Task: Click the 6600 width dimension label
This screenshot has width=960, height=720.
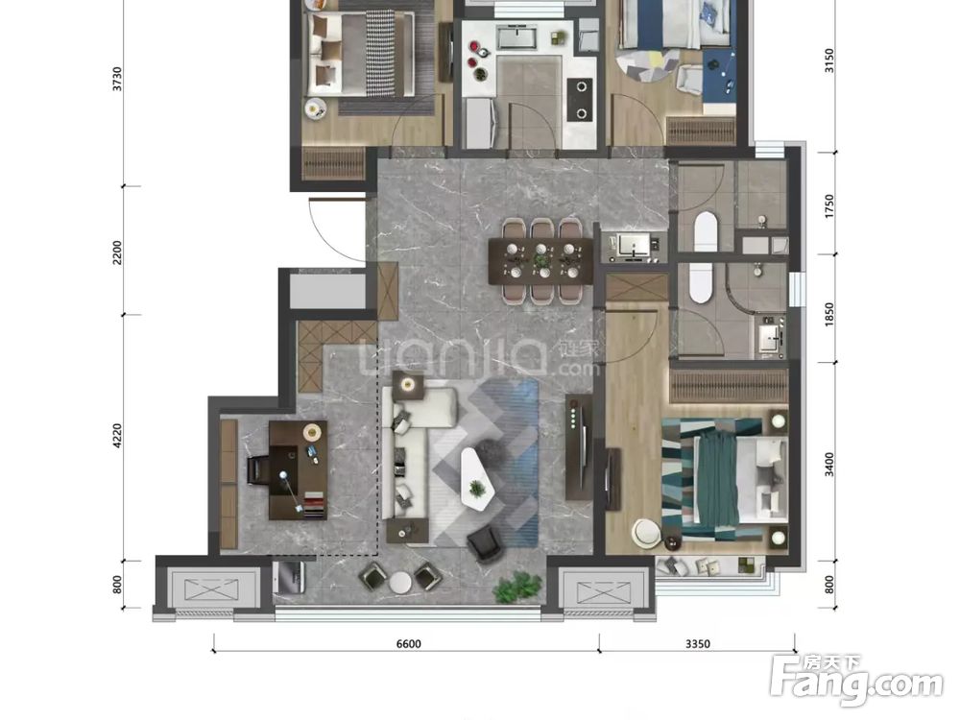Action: pos(408,643)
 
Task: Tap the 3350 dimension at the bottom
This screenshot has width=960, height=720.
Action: pos(697,643)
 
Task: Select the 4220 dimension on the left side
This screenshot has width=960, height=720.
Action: pos(117,436)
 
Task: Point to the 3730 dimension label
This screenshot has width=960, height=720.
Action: pos(117,80)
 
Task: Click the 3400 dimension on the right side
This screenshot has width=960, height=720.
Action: pos(829,465)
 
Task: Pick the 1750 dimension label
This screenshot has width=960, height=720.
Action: pos(829,206)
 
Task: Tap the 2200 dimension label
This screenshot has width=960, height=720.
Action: pos(117,252)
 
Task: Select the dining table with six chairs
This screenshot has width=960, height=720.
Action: pos(541,261)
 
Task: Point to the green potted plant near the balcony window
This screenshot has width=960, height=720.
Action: pos(518,588)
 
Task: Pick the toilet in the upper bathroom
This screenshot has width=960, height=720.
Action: pos(706,231)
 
